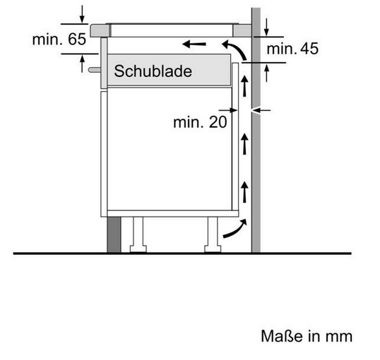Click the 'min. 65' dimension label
pyautogui.click(x=59, y=39)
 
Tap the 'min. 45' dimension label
pyautogui.click(x=292, y=49)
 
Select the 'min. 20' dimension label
pyautogui.click(x=200, y=122)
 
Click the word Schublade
pyautogui.click(x=153, y=71)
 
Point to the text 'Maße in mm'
pyautogui.click(x=307, y=336)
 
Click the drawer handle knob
pyautogui.click(x=95, y=70)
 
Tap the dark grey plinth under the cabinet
pyautogui.click(x=114, y=234)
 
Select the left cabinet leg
pyautogui.click(x=138, y=234)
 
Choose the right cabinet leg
pyautogui.click(x=213, y=234)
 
